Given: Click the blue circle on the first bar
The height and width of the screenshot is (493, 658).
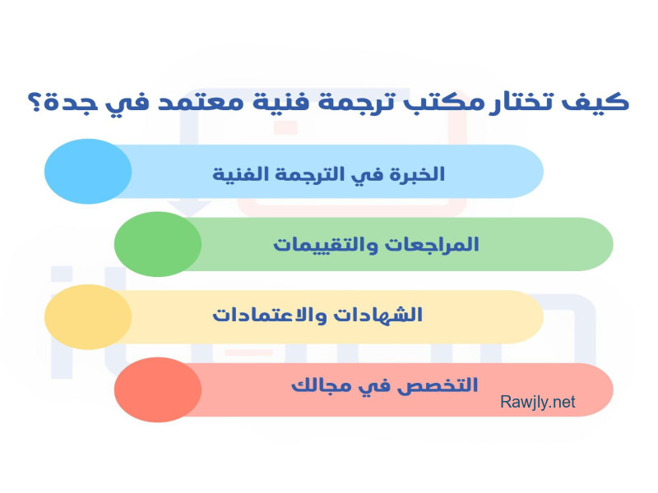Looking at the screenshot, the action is pyautogui.click(x=88, y=172).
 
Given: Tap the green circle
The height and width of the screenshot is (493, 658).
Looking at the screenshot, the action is pyautogui.click(x=158, y=244).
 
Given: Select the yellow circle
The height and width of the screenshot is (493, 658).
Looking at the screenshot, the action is pyautogui.click(x=88, y=317).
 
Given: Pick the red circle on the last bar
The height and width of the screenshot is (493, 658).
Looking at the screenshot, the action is pyautogui.click(x=158, y=389).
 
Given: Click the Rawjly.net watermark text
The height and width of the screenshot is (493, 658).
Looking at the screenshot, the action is pyautogui.click(x=538, y=402).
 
